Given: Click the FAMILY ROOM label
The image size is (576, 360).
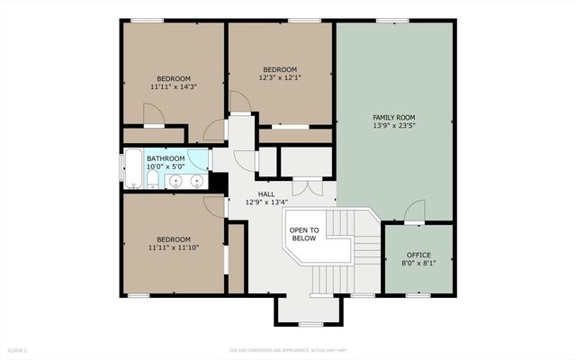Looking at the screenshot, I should pyautogui.click(x=394, y=118).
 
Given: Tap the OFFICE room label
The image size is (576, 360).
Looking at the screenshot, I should pyautogui.click(x=418, y=255).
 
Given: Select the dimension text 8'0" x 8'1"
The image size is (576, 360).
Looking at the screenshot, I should pyautogui.click(x=418, y=264).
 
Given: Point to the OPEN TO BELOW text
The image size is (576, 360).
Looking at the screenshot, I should pyautogui.click(x=303, y=235).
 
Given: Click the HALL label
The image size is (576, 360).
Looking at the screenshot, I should pyautogui.click(x=265, y=193).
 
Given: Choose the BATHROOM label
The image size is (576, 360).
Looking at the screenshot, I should pyautogui.click(x=166, y=158).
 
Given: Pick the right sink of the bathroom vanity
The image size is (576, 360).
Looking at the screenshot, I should pyautogui.click(x=197, y=182).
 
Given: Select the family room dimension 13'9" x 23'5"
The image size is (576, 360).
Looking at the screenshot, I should pyautogui.click(x=394, y=127).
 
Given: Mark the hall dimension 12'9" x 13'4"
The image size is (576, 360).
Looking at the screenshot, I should pyautogui.click(x=265, y=202).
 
